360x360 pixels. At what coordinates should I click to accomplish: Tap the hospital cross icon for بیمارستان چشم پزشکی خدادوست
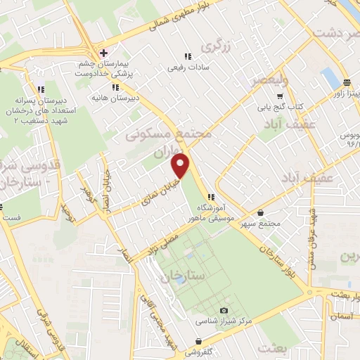[x=103, y=53]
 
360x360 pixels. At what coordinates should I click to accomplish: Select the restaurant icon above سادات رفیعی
[x=187, y=56]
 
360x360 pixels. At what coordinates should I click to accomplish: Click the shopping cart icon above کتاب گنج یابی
[x=280, y=95]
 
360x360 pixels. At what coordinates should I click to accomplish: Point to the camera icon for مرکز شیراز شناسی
[x=224, y=310]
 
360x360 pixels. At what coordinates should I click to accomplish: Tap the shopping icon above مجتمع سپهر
[x=261, y=212]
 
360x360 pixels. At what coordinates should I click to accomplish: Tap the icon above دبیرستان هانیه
[x=115, y=87]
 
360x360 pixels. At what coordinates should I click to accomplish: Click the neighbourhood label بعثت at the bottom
[x=273, y=348]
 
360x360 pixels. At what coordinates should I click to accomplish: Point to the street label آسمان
[x=342, y=318]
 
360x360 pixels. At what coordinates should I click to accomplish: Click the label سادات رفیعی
[x=186, y=69]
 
